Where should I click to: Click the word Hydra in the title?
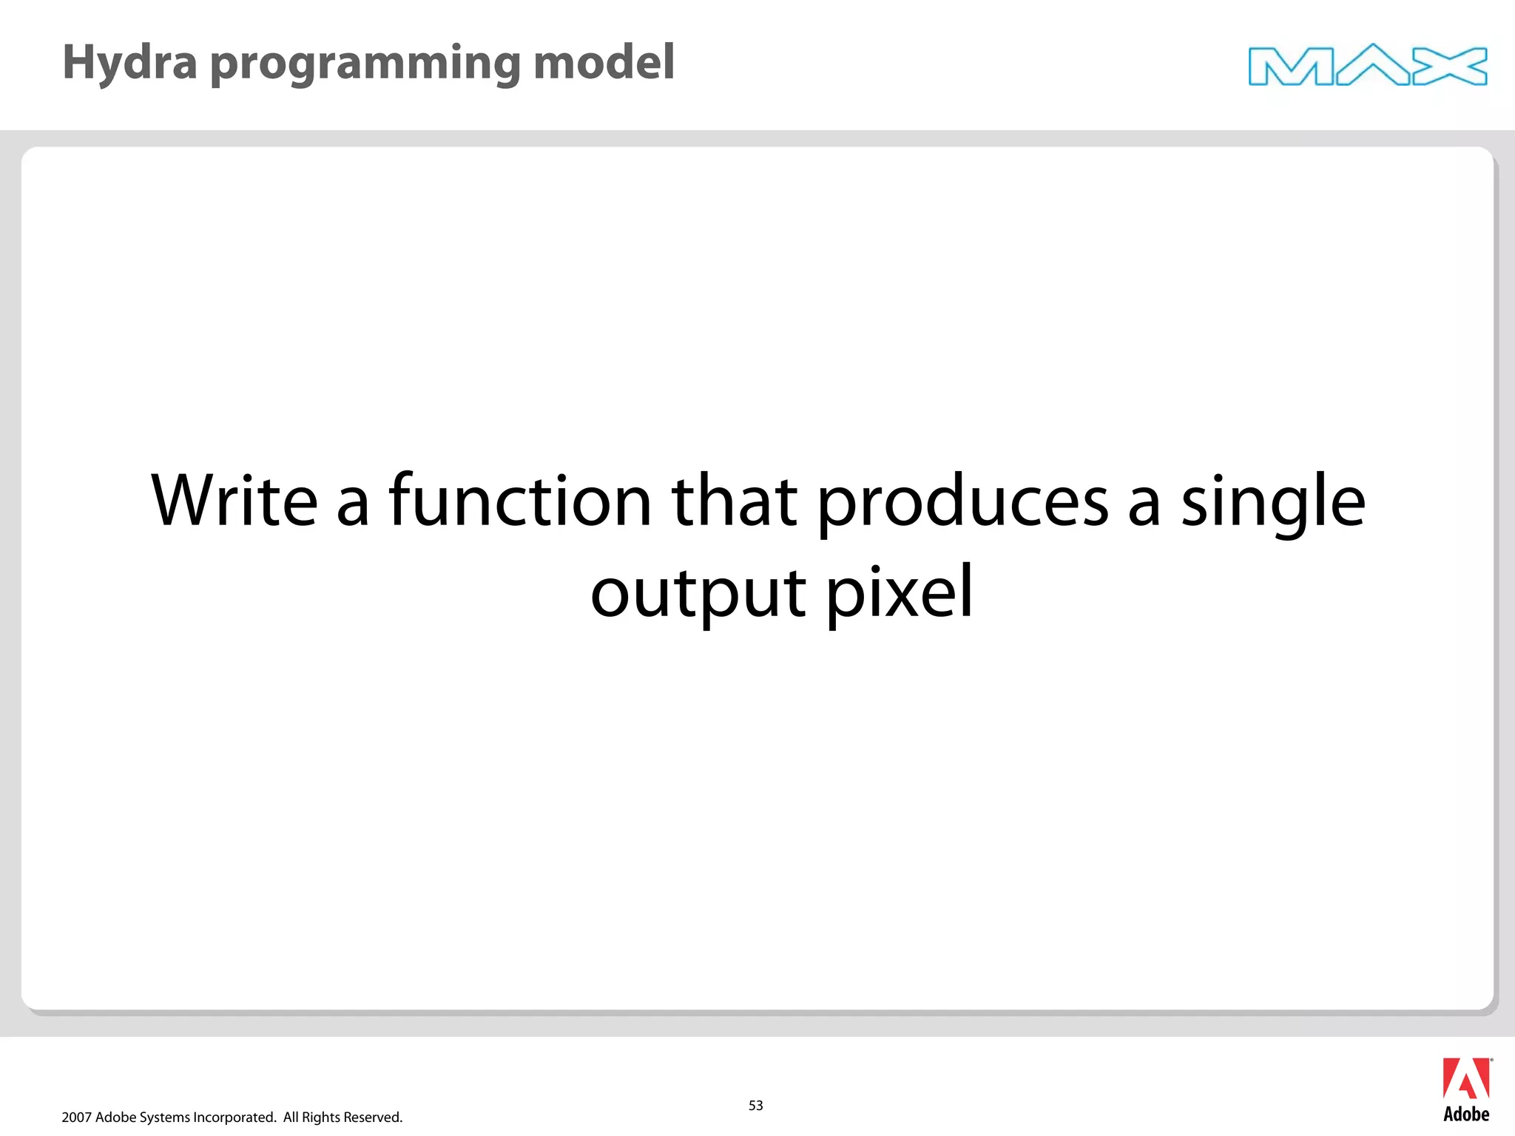point(129,62)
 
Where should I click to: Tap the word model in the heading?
point(604,62)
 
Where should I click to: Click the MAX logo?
point(1367,66)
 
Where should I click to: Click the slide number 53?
point(755,1105)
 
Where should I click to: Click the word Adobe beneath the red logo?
point(1466,1115)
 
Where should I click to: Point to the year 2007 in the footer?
point(76,1118)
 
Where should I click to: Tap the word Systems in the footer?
point(164,1118)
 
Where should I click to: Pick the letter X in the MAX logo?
point(1450,67)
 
